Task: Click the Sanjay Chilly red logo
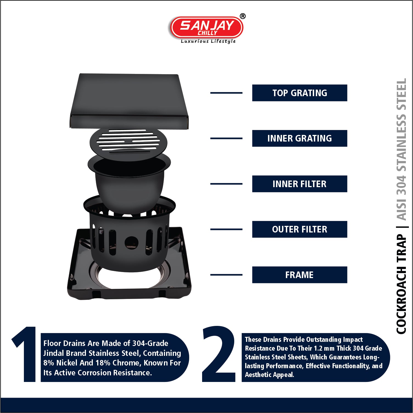pos(206,27)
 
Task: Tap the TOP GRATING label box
pos(300,93)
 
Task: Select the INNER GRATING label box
pos(300,138)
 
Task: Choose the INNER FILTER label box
pos(300,184)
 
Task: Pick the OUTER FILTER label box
pos(300,229)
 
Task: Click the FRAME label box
pos(300,275)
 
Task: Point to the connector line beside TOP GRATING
pos(226,93)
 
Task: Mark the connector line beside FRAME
pos(226,275)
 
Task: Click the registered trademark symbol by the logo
pos(243,16)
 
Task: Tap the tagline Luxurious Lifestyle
pos(208,41)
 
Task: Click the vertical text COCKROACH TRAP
pos(401,284)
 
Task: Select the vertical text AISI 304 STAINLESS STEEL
pos(401,149)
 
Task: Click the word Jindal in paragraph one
pos(54,353)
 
